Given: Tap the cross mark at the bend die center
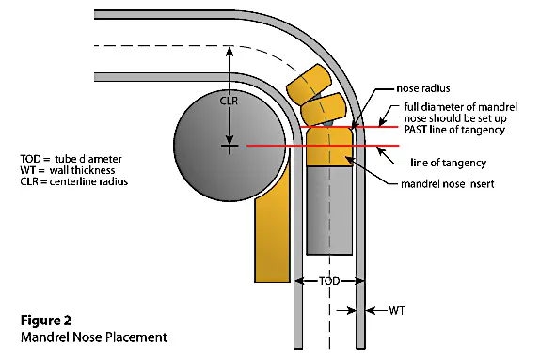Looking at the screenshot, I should coord(227,147).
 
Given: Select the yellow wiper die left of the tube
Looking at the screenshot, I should coord(271,235).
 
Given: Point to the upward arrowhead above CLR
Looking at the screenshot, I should coord(227,50).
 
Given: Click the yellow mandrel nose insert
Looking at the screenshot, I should coord(328,150).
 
